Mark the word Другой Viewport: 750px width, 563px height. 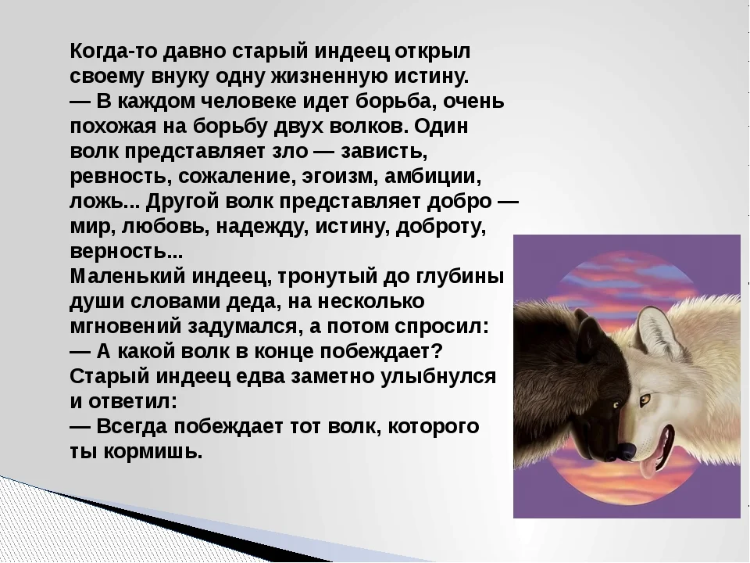pyautogui.click(x=183, y=203)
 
